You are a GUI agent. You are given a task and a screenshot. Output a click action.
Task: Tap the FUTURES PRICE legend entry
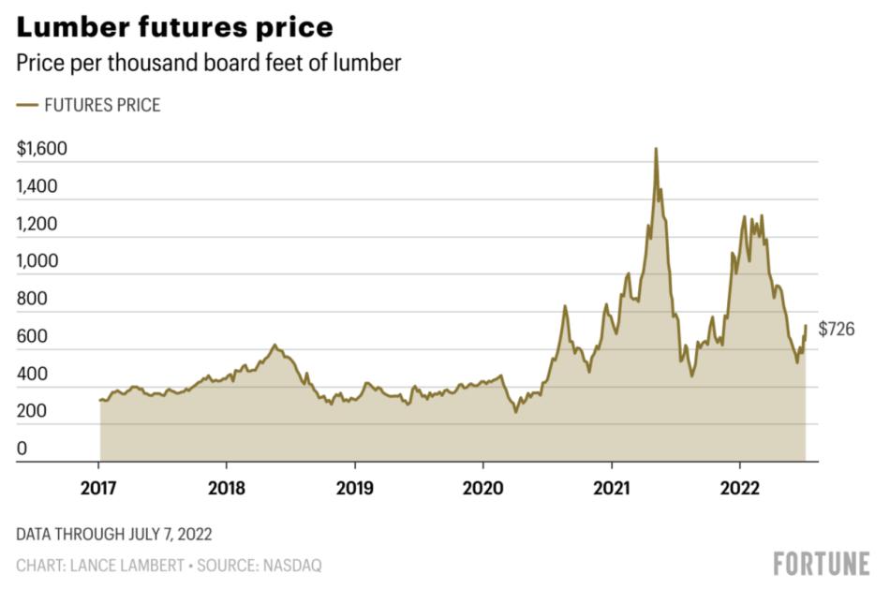[90, 105]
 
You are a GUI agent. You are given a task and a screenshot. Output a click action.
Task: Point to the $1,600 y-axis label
[42, 149]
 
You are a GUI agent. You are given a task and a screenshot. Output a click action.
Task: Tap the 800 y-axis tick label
[31, 301]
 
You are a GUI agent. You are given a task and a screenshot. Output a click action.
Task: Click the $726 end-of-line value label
[837, 330]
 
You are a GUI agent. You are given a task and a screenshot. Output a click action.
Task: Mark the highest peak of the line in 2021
[656, 149]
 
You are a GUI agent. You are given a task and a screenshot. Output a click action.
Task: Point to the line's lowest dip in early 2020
[515, 411]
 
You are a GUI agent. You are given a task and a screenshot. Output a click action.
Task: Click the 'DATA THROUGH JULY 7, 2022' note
[113, 535]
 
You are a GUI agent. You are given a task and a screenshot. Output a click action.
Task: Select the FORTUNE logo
[822, 564]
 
